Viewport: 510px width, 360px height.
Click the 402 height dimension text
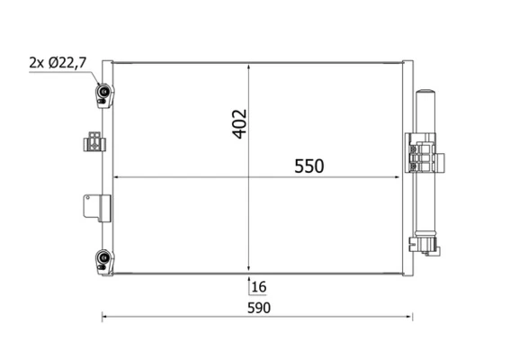pyautogui.click(x=239, y=123)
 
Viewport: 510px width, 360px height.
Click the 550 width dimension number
pyautogui.click(x=307, y=166)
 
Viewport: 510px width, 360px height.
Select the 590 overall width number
pyautogui.click(x=258, y=308)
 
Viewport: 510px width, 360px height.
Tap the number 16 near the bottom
pyautogui.click(x=260, y=287)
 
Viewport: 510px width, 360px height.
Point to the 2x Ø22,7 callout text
pyautogui.click(x=58, y=62)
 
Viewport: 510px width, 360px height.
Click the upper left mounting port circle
pyautogui.click(x=104, y=91)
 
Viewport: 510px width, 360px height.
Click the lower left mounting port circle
pyautogui.click(x=104, y=261)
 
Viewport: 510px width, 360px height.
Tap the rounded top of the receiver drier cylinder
pyautogui.click(x=425, y=94)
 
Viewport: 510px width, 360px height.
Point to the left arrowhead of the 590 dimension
pyautogui.click(x=105, y=316)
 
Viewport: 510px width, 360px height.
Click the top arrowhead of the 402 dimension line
pyautogui.click(x=249, y=65)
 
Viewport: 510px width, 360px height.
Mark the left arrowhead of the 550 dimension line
pyautogui.click(x=114, y=177)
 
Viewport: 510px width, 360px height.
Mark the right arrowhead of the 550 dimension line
pyautogui.click(x=399, y=177)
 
